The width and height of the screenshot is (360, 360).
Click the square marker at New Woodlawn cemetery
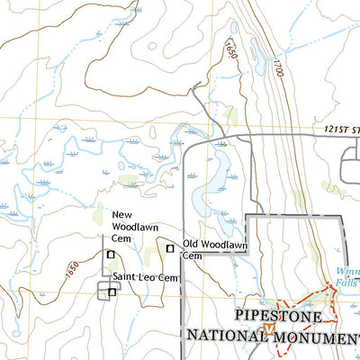coord(111,255)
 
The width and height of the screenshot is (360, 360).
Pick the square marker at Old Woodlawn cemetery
coord(169,247)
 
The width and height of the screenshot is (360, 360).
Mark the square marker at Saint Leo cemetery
coord(112,292)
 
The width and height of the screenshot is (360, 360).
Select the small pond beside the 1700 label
coord(260,65)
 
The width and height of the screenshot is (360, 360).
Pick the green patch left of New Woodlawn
coord(97,217)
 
